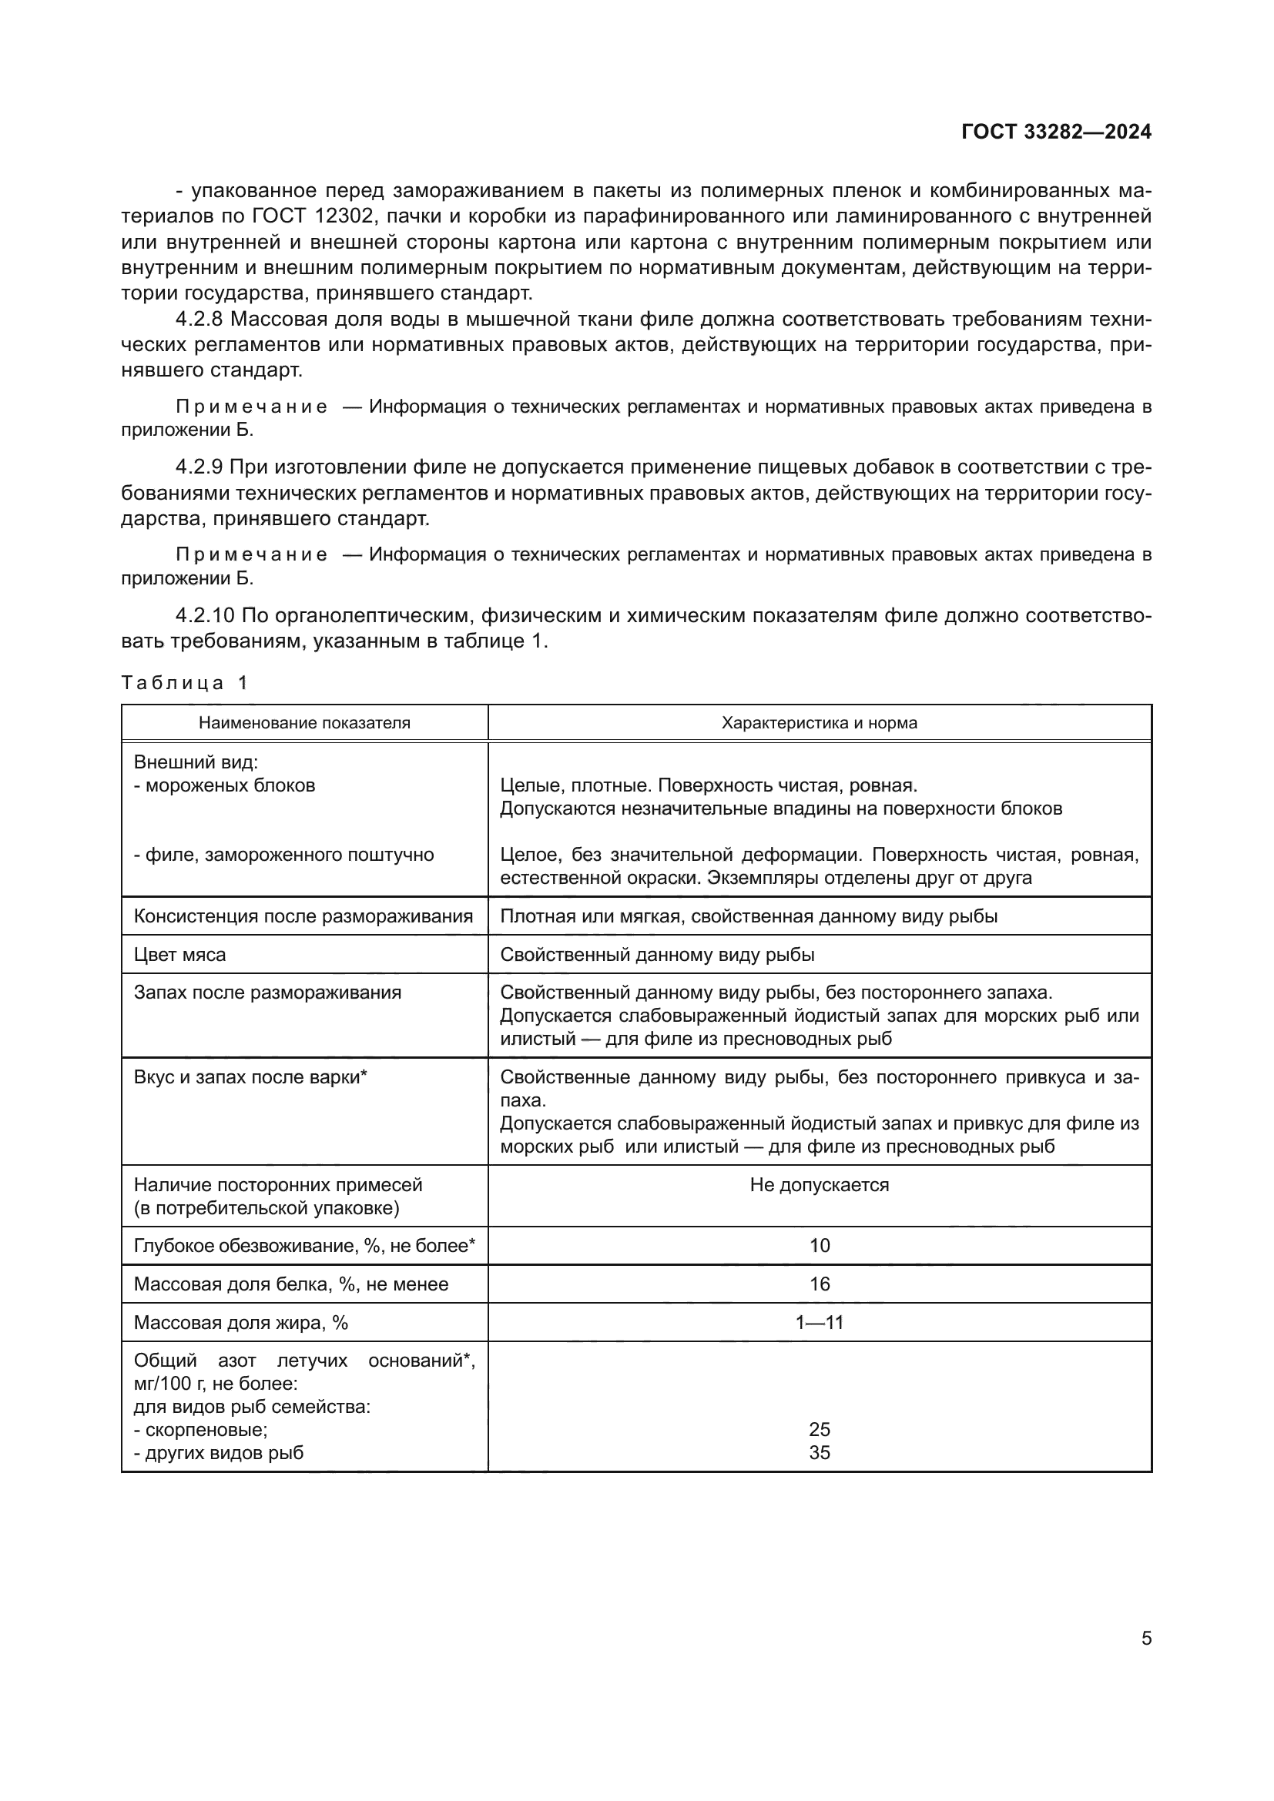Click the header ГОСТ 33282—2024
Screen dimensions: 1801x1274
[x=1056, y=132]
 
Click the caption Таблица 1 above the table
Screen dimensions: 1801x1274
[x=184, y=682]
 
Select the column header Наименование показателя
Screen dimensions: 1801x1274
[x=304, y=722]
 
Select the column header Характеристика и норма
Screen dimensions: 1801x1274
[x=819, y=722]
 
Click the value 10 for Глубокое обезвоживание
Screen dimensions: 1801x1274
[x=819, y=1246]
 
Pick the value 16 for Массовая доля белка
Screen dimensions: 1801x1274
[x=819, y=1284]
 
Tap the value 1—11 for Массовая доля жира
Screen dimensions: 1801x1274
[x=819, y=1323]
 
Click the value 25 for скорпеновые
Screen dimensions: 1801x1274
[x=819, y=1429]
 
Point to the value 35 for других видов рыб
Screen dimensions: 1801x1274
[x=819, y=1452]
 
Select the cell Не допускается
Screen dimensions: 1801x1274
[x=819, y=1184]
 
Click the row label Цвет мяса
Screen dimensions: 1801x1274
[x=179, y=955]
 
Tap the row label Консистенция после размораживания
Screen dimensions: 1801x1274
[x=303, y=916]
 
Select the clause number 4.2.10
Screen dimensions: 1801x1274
[x=205, y=616]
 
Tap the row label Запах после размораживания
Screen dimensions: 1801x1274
[x=267, y=993]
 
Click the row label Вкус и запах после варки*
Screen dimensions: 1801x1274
[x=250, y=1077]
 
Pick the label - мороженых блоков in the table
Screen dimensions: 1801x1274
[x=224, y=785]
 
